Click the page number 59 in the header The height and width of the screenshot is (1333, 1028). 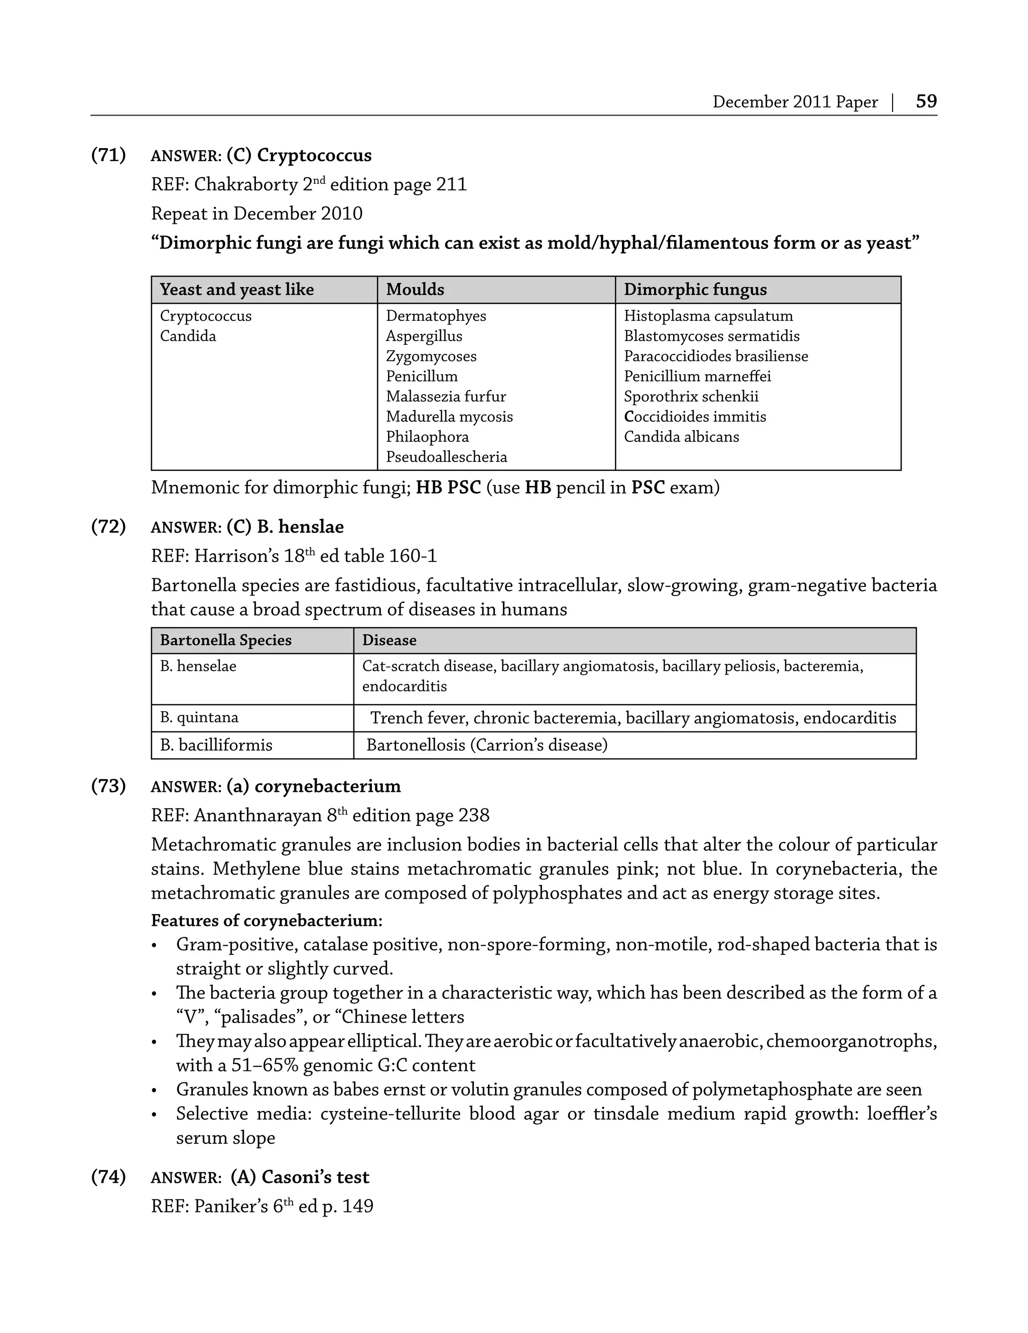click(926, 101)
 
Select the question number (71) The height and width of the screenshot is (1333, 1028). click(108, 155)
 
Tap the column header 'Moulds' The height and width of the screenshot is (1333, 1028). click(415, 289)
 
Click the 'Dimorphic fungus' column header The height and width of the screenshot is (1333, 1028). click(695, 289)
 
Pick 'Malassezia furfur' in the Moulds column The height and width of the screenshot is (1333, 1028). click(445, 397)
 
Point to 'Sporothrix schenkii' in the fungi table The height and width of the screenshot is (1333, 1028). click(691, 397)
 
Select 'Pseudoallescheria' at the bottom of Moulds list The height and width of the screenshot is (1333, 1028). click(446, 457)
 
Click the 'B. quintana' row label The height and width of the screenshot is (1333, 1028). click(199, 717)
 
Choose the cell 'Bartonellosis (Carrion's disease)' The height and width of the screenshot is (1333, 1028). click(487, 745)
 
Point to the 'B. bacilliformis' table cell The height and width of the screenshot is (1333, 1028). click(216, 745)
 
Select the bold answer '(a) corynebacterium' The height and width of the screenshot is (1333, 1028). click(313, 786)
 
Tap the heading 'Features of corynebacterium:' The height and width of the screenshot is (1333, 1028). click(267, 920)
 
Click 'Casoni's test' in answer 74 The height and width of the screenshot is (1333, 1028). click(315, 1177)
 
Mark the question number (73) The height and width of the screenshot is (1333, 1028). click(108, 786)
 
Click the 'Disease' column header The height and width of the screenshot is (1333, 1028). click(389, 640)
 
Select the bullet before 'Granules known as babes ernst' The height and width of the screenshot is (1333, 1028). click(155, 1090)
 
